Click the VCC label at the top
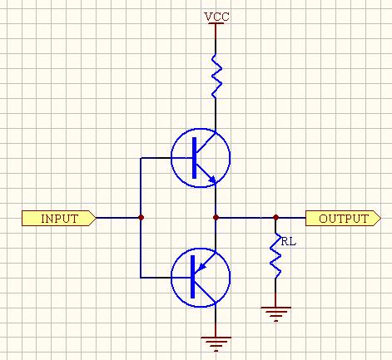216,17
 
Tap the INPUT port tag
59,218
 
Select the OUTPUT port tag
343,218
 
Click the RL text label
289,242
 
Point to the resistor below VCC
216,76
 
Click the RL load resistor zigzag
275,255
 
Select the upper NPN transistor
201,158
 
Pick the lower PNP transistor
201,278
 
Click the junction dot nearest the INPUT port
141,218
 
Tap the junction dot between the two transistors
216,218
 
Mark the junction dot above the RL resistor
275,218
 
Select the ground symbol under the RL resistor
275,314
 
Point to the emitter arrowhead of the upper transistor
212,180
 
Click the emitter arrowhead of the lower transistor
202,266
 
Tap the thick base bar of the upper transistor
194,158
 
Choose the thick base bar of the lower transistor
193,277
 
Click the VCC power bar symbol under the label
216,23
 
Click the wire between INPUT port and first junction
117,218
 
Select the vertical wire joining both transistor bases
141,218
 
